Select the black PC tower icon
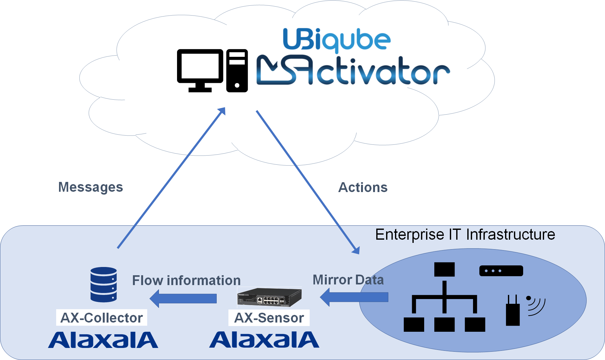pyautogui.click(x=237, y=70)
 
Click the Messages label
pyautogui.click(x=90, y=187)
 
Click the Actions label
pyautogui.click(x=363, y=188)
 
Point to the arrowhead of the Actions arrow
pyautogui.click(x=356, y=250)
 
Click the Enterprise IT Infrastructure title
pyautogui.click(x=465, y=235)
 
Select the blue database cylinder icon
pyautogui.click(x=103, y=284)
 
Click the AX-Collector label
pyautogui.click(x=102, y=318)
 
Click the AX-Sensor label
pyautogui.click(x=269, y=318)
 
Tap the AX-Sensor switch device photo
pyautogui.click(x=269, y=297)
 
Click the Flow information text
pyautogui.click(x=186, y=281)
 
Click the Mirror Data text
pyautogui.click(x=348, y=280)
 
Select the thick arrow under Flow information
pyautogui.click(x=183, y=298)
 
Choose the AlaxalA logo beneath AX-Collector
pyautogui.click(x=103, y=340)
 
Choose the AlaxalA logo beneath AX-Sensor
pyautogui.click(x=264, y=340)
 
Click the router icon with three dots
pyautogui.click(x=501, y=271)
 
